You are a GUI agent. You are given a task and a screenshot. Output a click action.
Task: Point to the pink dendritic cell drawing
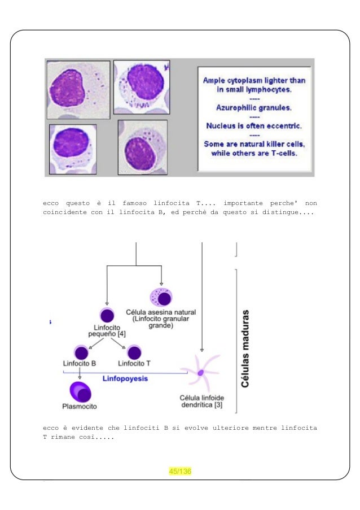coord(201,372)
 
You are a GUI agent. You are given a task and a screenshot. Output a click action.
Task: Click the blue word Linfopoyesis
coord(125,378)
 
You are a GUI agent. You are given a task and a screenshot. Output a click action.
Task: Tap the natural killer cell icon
coord(161,297)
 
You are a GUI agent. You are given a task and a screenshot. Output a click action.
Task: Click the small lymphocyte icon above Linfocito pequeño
coord(107,316)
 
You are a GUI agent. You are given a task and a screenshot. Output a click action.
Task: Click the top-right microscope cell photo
coord(142,86)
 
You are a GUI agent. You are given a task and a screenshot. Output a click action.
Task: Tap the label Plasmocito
coord(80,406)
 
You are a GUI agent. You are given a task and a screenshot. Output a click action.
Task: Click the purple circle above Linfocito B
coord(80,350)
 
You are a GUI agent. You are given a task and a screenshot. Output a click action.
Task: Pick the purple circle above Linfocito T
coord(134,350)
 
